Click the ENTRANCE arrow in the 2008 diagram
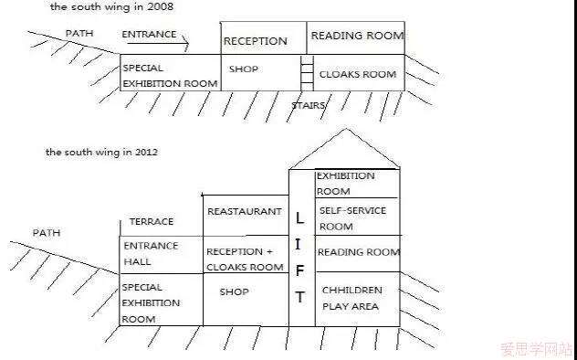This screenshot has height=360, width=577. pos(158,44)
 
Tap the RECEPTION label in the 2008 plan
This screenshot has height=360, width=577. pos(256,41)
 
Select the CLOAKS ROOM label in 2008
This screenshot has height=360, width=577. pos(358,74)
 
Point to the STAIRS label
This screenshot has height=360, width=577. pos(309,105)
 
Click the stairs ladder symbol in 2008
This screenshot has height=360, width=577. pos(307,73)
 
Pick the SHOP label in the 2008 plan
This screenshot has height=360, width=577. pos(244,69)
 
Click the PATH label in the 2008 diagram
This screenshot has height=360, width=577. pos(79,33)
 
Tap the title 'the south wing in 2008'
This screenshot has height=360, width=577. pos(111,6)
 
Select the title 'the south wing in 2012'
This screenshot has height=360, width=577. pos(102,152)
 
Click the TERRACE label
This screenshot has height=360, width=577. pos(152,222)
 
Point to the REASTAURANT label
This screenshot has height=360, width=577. pos(245,212)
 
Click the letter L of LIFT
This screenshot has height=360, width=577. pos(299,218)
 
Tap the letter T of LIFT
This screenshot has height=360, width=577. pos(299,297)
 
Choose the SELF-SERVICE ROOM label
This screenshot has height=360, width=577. pos(352,218)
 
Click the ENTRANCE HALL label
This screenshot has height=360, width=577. pos(151,254)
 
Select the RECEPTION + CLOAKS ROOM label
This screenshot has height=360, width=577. pos(245,259)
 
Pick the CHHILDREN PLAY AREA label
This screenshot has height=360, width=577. pos(351,298)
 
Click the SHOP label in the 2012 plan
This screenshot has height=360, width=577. pos(234,291)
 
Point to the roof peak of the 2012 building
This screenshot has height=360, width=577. pos(345,129)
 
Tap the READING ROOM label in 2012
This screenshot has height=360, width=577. pos(359,252)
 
